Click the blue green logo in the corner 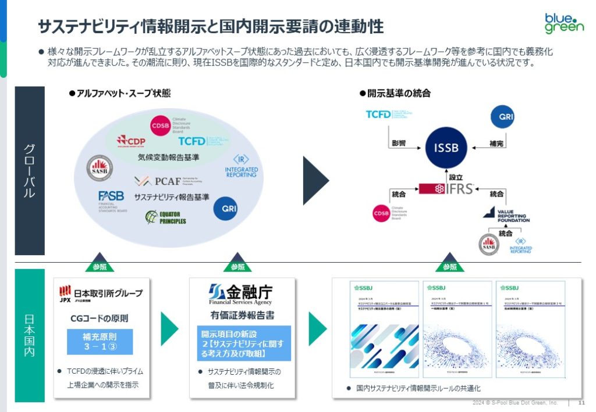click(563, 23)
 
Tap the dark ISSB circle click(446, 148)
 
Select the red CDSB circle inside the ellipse click(160, 125)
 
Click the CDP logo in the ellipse click(131, 141)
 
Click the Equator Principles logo click(166, 217)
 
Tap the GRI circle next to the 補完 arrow click(502, 116)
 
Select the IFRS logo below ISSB click(447, 188)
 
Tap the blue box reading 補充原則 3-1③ click(100, 342)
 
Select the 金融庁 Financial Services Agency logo click(240, 294)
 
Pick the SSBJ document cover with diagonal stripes click(384, 331)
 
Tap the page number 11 click(581, 403)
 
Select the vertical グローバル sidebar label click(30, 171)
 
